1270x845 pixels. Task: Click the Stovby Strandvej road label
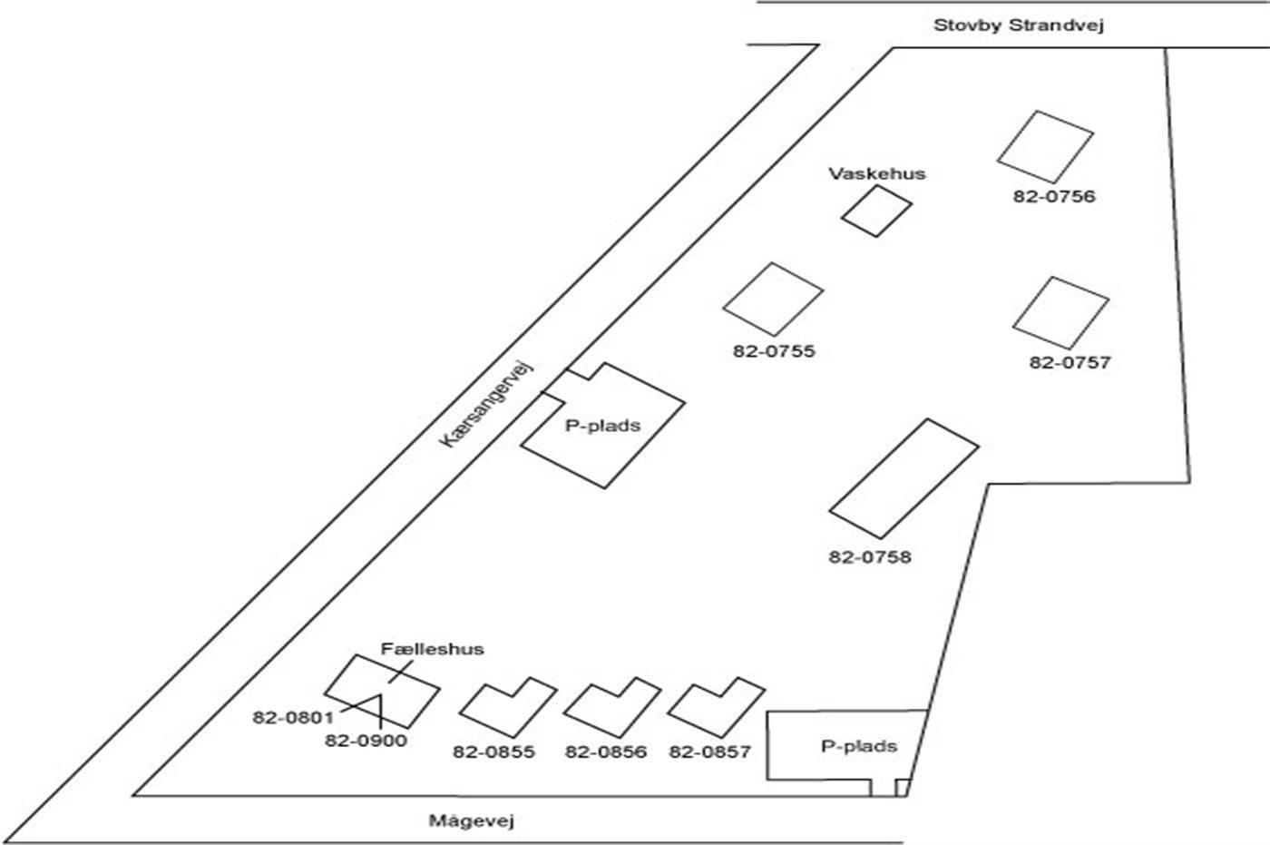[1018, 25]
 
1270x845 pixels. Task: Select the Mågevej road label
[471, 822]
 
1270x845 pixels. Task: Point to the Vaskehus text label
[876, 173]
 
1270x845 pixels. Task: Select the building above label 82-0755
[773, 299]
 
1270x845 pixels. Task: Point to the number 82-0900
[366, 741]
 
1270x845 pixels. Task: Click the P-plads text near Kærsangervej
[603, 425]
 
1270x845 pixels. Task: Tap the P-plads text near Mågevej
[858, 746]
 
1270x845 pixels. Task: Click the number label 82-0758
[869, 556]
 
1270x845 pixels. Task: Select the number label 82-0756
[1054, 196]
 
